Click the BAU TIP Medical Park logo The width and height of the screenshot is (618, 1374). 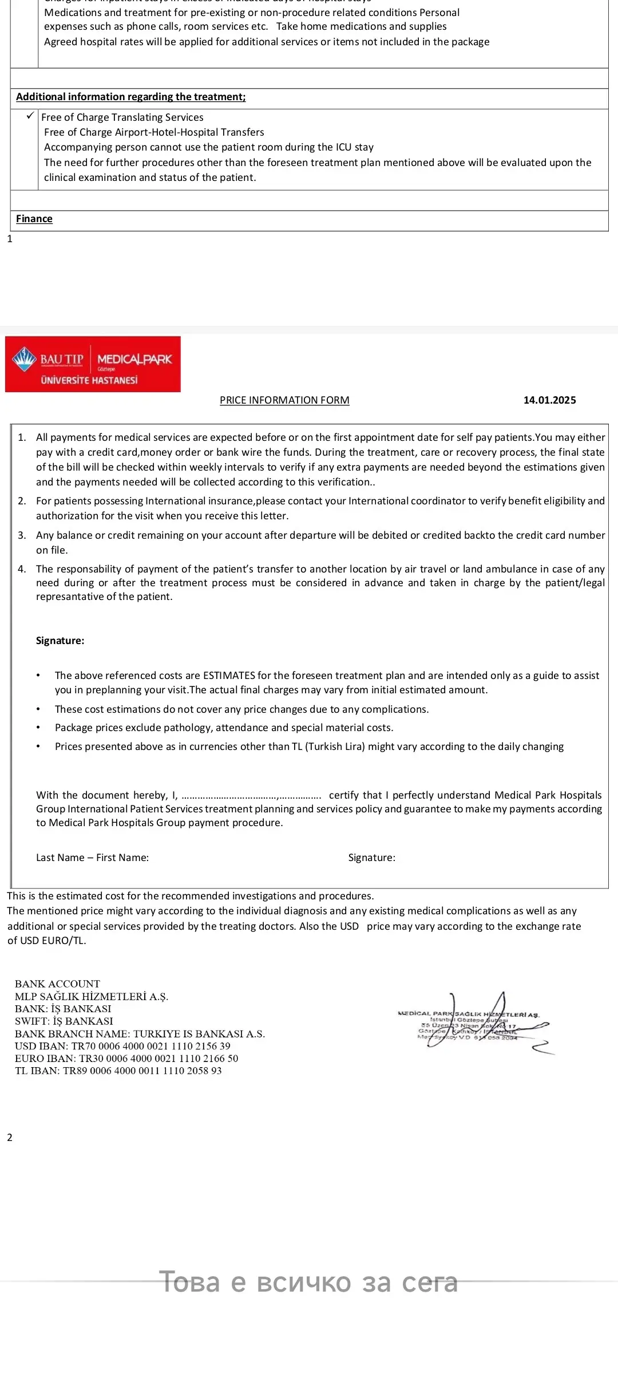point(93,364)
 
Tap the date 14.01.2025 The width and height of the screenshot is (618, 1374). point(549,400)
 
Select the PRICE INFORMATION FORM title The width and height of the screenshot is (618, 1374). point(284,400)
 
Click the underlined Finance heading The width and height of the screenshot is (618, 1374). point(34,219)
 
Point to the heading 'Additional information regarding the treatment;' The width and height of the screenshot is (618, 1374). point(130,97)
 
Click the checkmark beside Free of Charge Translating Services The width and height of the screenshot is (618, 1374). point(30,116)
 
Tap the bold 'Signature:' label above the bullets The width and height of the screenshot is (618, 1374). point(60,641)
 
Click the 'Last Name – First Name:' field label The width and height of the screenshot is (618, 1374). point(92,858)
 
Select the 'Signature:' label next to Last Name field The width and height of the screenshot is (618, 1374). point(371,858)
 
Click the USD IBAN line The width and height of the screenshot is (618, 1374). point(122,1046)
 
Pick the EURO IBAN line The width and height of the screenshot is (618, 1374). point(126,1059)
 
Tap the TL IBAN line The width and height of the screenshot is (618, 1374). point(118,1071)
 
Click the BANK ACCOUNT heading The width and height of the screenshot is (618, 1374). point(57,984)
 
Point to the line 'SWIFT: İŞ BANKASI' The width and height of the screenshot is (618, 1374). point(64,1021)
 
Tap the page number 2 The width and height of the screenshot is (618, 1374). point(10,1137)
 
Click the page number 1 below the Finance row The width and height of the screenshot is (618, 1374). point(10,239)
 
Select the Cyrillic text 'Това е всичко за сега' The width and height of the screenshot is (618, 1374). point(308,1282)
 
